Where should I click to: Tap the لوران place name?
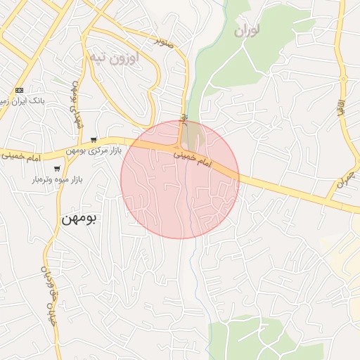247,30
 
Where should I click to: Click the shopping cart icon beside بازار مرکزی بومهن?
94,139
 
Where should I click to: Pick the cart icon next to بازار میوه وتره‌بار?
56,169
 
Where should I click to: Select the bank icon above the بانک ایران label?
19,90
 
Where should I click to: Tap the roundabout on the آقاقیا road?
344,79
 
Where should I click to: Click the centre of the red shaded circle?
180,179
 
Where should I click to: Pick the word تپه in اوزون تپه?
97,58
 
